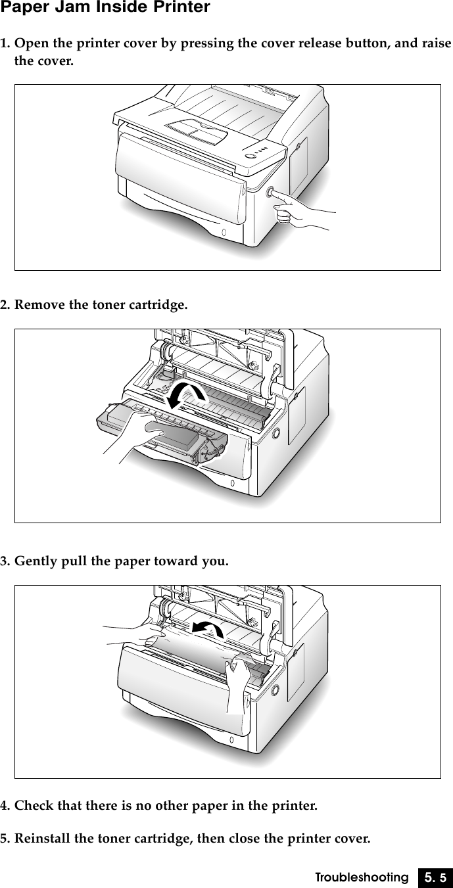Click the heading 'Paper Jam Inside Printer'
[x=105, y=8]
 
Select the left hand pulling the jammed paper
[x=135, y=634]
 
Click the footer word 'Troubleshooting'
[x=361, y=877]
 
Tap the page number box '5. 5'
[x=434, y=877]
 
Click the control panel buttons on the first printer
[x=257, y=153]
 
